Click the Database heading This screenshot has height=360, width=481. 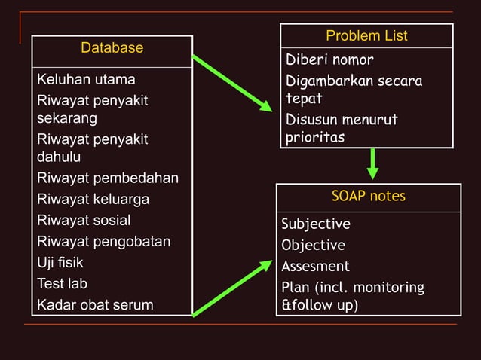pyautogui.click(x=112, y=48)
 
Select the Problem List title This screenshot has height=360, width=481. pyautogui.click(x=366, y=36)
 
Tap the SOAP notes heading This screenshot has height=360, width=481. pyautogui.click(x=368, y=197)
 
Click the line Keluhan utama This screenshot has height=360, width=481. pyautogui.click(x=86, y=79)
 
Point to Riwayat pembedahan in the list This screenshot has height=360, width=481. pyautogui.click(x=108, y=178)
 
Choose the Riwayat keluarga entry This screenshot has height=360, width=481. pyautogui.click(x=93, y=200)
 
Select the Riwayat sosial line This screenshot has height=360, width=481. pyautogui.click(x=84, y=221)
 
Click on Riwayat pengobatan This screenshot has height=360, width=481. pyautogui.click(x=103, y=242)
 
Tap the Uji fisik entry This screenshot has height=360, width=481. pyautogui.click(x=60, y=263)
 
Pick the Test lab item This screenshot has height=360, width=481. pyautogui.click(x=62, y=284)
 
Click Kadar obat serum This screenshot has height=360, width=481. pyautogui.click(x=95, y=305)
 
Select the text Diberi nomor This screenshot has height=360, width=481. pyautogui.click(x=329, y=60)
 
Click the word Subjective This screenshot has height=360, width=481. pyautogui.click(x=316, y=224)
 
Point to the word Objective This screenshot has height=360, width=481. pyautogui.click(x=313, y=246)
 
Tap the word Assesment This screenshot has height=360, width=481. pyautogui.click(x=315, y=267)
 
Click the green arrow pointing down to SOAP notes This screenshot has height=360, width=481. pyautogui.click(x=372, y=163)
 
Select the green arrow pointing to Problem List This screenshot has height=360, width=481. pyautogui.click(x=232, y=83)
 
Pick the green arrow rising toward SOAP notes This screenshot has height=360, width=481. pyautogui.click(x=232, y=288)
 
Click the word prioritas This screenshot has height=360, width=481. pyautogui.click(x=315, y=138)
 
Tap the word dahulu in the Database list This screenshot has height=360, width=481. pyautogui.click(x=59, y=158)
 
